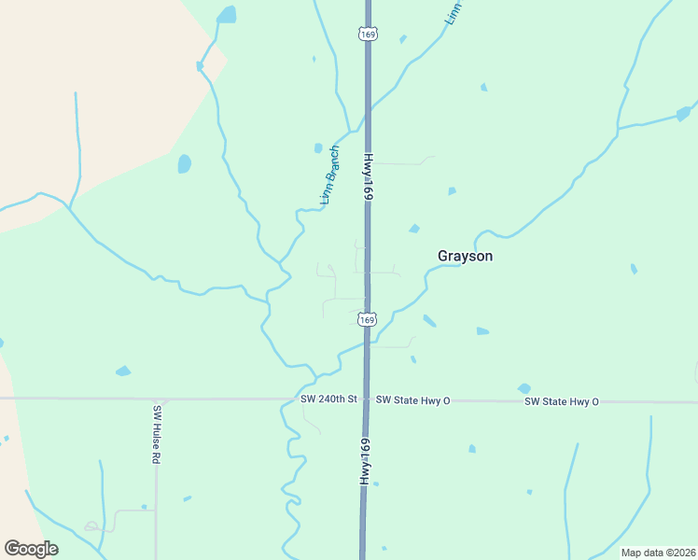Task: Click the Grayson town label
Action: tap(465, 256)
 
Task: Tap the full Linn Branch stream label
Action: tap(329, 175)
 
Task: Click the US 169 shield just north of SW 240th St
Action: tap(367, 319)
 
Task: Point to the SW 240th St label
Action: tap(328, 399)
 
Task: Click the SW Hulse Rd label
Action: tap(157, 435)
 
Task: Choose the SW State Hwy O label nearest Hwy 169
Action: tap(412, 400)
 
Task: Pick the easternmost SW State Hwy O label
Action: tap(561, 401)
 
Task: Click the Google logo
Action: tap(31, 549)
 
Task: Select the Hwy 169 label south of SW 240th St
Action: tap(367, 460)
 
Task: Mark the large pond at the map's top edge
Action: tap(226, 15)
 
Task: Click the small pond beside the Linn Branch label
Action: tap(318, 147)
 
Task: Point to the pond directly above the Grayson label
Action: tap(413, 229)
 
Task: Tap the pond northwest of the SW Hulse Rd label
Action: tap(123, 371)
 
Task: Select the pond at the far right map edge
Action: tap(685, 114)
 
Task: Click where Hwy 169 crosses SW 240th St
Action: tap(367, 399)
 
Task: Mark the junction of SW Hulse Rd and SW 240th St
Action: tap(156, 399)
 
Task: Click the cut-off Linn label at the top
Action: tap(453, 12)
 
